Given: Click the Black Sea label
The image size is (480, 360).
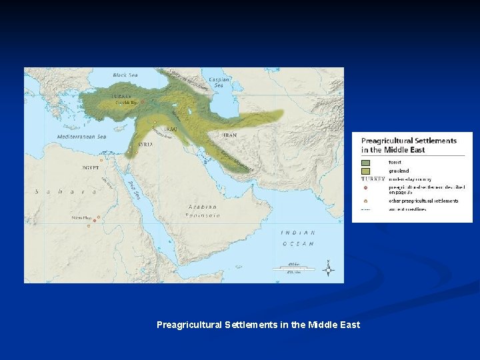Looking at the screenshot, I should [121, 75].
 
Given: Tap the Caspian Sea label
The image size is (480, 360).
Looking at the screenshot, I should [219, 82].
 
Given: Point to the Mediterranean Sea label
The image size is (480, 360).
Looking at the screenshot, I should [82, 137].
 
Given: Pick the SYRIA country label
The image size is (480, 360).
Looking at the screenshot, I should [145, 144].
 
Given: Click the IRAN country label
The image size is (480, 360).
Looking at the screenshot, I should [229, 135].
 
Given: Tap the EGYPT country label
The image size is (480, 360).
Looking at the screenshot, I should [91, 167].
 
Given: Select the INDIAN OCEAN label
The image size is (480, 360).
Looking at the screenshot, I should [297, 238].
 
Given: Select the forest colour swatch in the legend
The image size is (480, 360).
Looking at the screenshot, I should [366, 161].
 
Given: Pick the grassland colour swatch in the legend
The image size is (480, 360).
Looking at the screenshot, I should [366, 171].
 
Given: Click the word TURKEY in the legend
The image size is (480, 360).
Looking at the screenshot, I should [373, 179].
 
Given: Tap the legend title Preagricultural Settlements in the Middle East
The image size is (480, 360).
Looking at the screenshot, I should [409, 145].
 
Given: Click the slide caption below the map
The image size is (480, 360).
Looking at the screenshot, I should [258, 325].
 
